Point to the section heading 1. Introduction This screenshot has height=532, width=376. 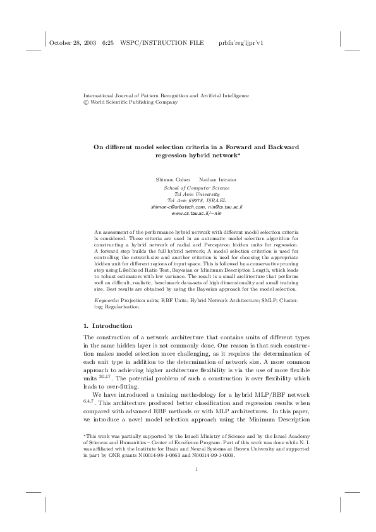[107, 326]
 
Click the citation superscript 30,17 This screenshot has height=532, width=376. [106, 376]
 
